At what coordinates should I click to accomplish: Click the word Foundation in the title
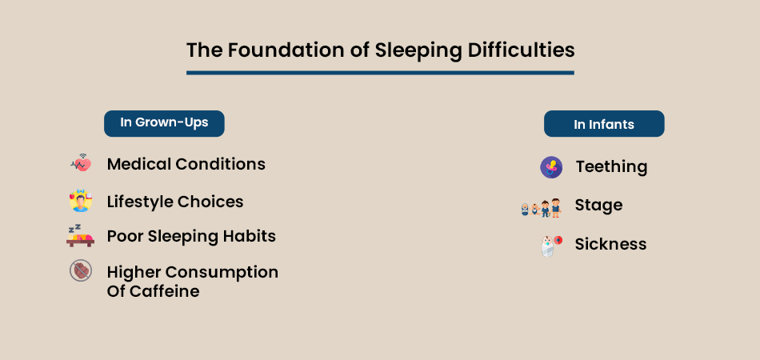[271, 50]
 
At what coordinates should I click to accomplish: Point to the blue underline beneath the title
[380, 73]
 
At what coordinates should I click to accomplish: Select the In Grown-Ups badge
[164, 123]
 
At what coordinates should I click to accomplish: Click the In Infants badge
[604, 124]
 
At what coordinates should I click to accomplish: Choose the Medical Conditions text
[186, 164]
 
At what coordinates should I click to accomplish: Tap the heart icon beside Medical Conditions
[81, 164]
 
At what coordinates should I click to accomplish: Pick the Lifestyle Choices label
[174, 202]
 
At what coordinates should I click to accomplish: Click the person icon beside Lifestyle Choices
[81, 201]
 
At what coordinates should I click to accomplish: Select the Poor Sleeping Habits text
[191, 236]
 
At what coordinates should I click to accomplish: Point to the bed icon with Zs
[80, 235]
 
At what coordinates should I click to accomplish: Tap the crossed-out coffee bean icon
[80, 271]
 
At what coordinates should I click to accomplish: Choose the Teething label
[611, 166]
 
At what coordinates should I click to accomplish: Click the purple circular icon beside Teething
[551, 167]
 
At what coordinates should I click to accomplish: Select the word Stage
[598, 206]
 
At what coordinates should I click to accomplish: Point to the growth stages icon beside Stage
[540, 208]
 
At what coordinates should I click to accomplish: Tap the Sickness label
[610, 244]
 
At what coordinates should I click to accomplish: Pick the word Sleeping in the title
[410, 50]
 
